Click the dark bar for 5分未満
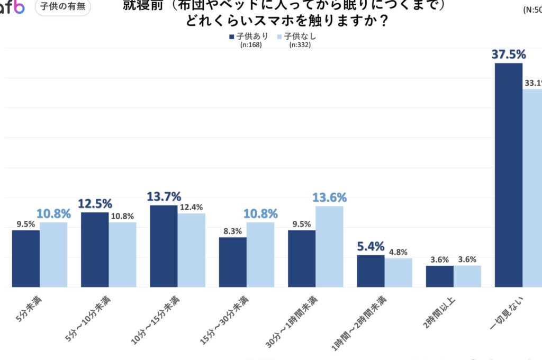tap(26, 258)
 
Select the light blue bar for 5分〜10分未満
tap(123, 255)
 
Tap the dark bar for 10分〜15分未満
tap(164, 246)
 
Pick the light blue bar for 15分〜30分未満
tap(260, 255)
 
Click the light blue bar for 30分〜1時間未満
tap(329, 247)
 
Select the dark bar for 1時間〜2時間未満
tap(371, 271)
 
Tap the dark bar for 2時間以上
tap(440, 276)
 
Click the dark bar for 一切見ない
tap(509, 175)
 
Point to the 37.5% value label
tap(508, 55)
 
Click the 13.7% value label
tap(163, 197)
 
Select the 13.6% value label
tap(329, 197)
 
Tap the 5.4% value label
tap(371, 246)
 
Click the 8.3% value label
tap(232, 231)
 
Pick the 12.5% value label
tap(95, 204)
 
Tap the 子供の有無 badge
tap(62, 7)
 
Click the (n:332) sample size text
tap(300, 45)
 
